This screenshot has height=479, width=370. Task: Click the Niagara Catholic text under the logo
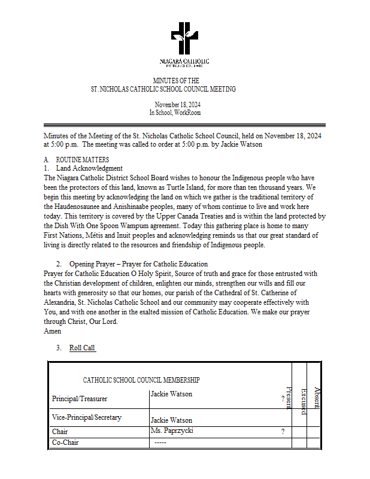[x=184, y=62]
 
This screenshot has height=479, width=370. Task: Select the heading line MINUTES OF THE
[x=176, y=80]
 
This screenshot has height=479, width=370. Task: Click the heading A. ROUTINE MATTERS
[x=77, y=160]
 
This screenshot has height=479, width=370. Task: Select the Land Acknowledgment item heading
[x=89, y=169]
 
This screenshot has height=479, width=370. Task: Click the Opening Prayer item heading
[x=138, y=264]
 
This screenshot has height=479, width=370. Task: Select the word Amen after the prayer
[x=53, y=331]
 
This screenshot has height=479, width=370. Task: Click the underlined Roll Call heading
[x=82, y=348]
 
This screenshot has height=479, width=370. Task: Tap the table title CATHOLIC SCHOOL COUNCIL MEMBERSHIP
[x=141, y=380]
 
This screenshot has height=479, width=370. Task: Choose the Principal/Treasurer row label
[x=80, y=398]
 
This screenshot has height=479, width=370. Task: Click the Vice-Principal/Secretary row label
[x=87, y=417]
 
